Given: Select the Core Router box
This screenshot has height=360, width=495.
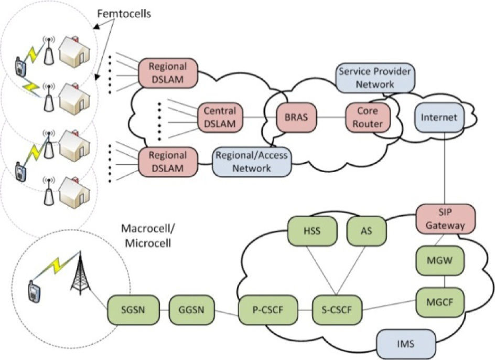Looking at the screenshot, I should (367, 118).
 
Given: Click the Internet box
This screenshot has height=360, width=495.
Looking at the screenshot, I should (438, 118).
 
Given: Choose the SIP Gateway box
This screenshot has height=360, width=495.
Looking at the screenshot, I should (441, 219).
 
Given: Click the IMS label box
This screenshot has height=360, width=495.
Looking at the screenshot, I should (406, 344).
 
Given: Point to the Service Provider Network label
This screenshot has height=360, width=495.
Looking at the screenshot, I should (375, 78).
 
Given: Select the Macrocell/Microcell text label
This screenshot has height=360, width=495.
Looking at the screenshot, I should (147, 236).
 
